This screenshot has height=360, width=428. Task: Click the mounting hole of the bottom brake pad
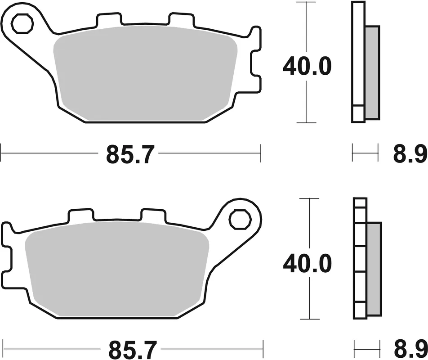[239, 220]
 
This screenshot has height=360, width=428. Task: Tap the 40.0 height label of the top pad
[307, 67]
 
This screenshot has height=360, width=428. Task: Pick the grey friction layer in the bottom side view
[374, 269]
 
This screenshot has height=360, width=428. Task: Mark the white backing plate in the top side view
[358, 58]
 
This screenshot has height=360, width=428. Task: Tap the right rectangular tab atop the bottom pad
[153, 215]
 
